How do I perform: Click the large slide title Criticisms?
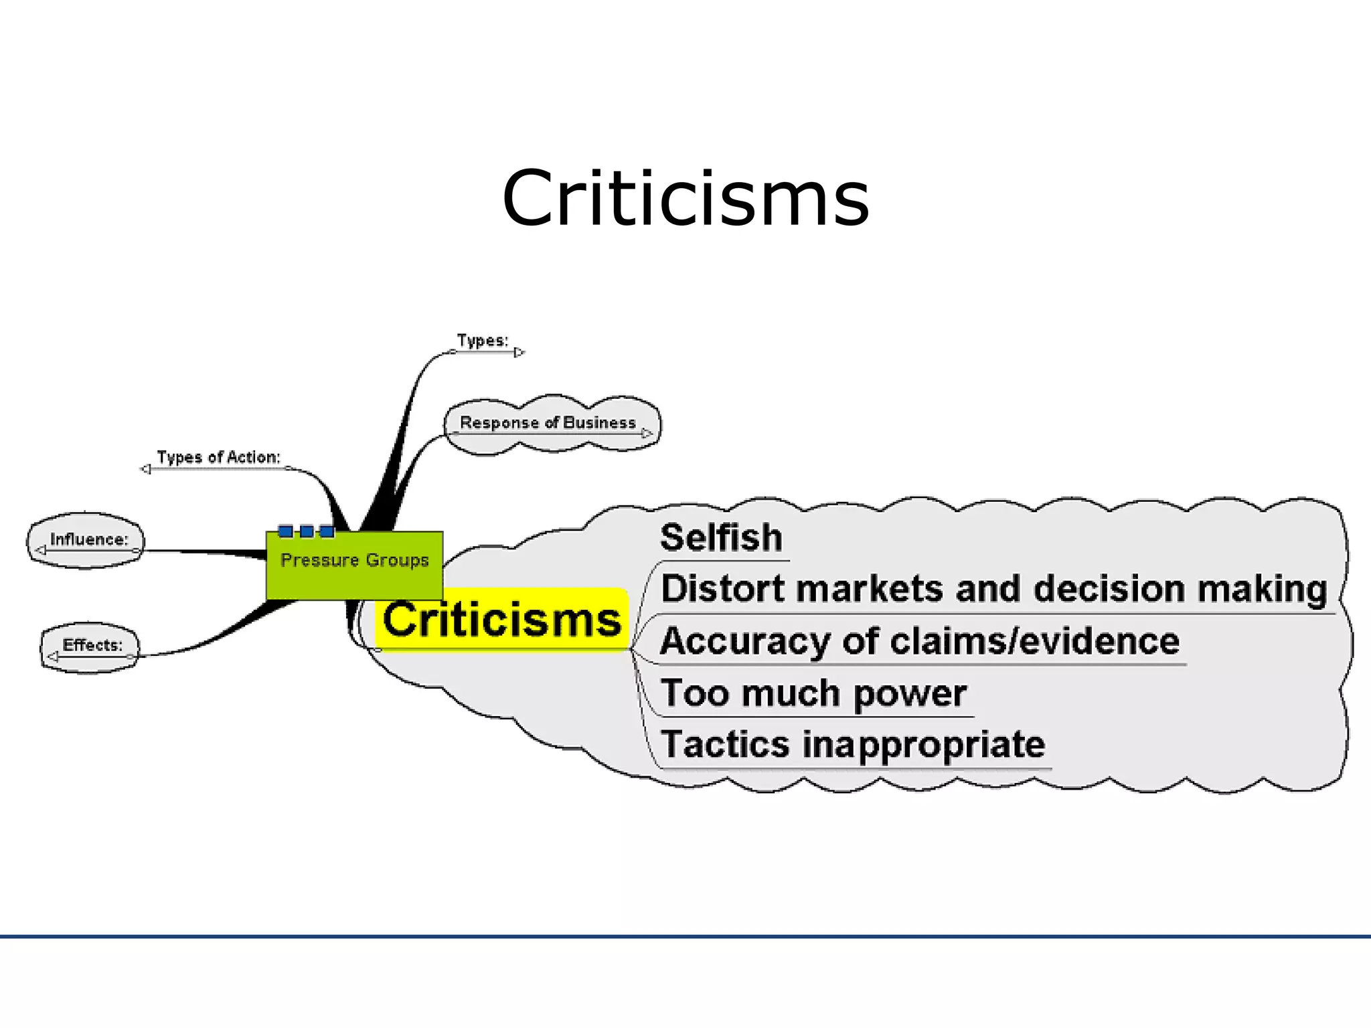pos(685,199)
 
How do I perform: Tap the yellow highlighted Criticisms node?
pos(501,619)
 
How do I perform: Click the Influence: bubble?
pos(86,541)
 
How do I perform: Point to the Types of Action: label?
pos(218,457)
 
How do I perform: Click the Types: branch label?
pos(482,341)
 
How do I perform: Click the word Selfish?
pos(721,537)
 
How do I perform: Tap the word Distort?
pos(723,589)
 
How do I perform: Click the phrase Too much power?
pos(813,693)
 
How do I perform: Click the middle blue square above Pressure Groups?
pos(307,531)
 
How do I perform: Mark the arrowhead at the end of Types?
pos(519,352)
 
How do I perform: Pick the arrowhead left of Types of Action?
pos(145,469)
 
